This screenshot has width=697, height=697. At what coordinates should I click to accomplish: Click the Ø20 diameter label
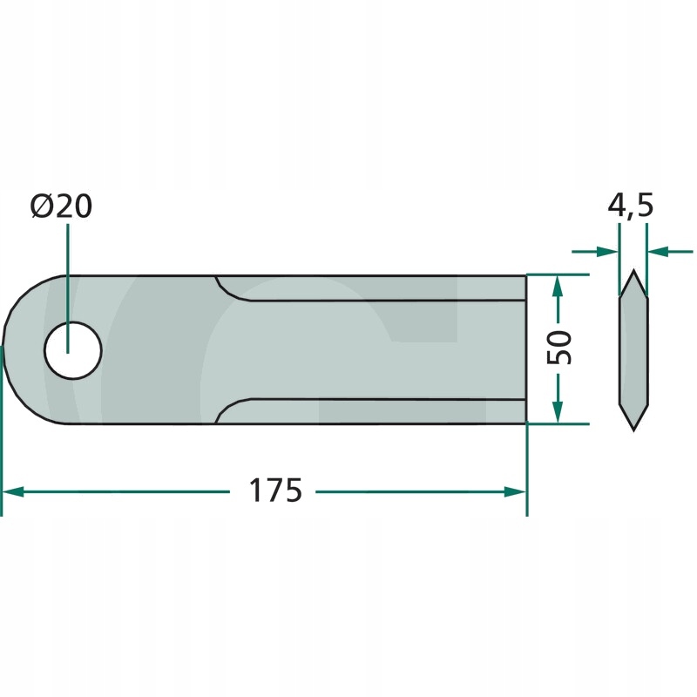(x=61, y=206)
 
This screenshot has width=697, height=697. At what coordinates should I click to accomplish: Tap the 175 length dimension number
(x=275, y=491)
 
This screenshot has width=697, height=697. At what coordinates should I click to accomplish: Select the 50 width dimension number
(x=558, y=348)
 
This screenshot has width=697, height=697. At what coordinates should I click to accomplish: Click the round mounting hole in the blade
(x=73, y=350)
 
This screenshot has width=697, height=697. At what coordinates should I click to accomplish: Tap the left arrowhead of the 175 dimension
(x=13, y=491)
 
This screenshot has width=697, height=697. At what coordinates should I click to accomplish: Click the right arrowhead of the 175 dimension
(x=515, y=491)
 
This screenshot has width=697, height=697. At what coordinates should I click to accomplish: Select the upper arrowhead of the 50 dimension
(x=558, y=286)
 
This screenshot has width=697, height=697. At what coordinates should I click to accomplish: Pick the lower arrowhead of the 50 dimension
(x=558, y=412)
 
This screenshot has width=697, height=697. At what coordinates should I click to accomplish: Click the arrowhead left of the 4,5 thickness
(x=607, y=252)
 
